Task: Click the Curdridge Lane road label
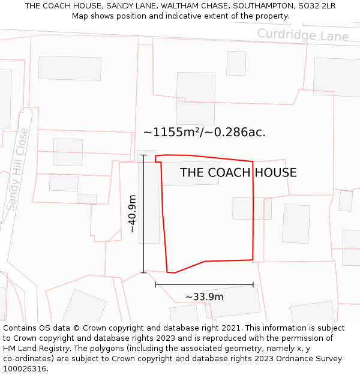pyautogui.click(x=302, y=35)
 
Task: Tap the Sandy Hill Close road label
pyautogui.click(x=17, y=169)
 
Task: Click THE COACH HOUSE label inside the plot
pyautogui.click(x=238, y=173)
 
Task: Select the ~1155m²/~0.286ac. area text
pyautogui.click(x=204, y=132)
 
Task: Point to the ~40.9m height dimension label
pyautogui.click(x=133, y=214)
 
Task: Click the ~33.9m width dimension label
pyautogui.click(x=204, y=297)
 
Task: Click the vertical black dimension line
pyautogui.click(x=143, y=214)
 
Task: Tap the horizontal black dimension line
pyautogui.click(x=204, y=284)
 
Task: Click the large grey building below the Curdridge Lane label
pyautogui.click(x=195, y=98)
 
